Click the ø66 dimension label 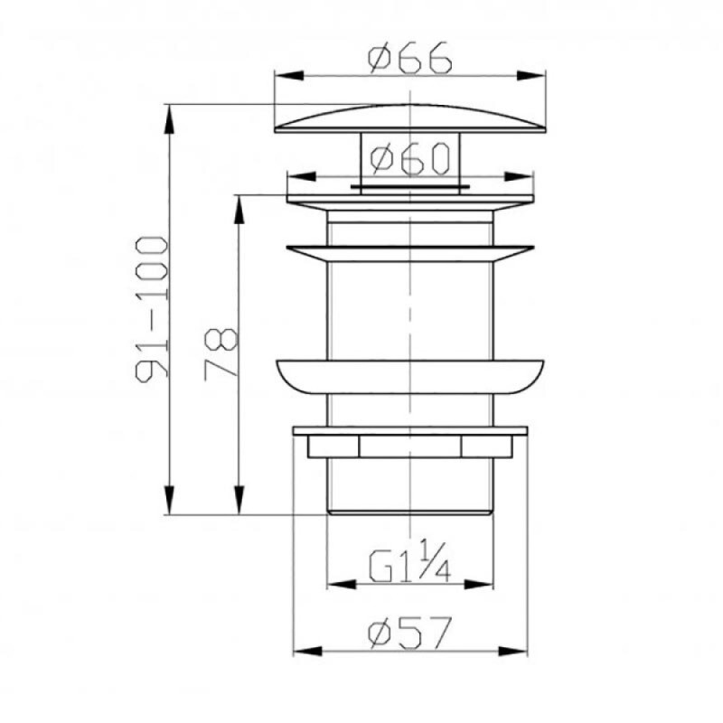409,58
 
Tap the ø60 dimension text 409,159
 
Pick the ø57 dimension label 408,633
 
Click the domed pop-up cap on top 410,119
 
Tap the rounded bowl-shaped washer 410,377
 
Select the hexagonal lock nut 410,446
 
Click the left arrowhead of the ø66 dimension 288,75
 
